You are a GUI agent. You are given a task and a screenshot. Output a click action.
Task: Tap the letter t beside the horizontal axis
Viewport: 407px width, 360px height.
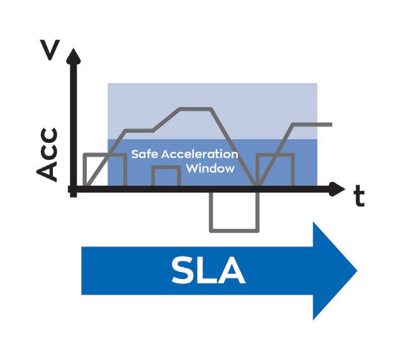(359, 196)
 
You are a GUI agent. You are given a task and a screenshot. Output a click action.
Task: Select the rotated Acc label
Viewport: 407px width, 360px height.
(48, 155)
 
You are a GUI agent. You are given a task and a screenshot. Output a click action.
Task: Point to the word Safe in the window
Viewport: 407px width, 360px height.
(145, 154)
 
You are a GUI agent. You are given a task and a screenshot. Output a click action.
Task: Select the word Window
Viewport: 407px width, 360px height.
(211, 169)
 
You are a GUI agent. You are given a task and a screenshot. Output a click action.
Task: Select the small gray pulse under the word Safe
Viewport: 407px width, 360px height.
(166, 176)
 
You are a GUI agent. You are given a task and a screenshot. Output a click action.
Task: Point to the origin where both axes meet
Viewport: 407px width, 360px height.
(74, 188)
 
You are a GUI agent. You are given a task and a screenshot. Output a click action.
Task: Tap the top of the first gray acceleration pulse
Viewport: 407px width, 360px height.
(105, 154)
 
